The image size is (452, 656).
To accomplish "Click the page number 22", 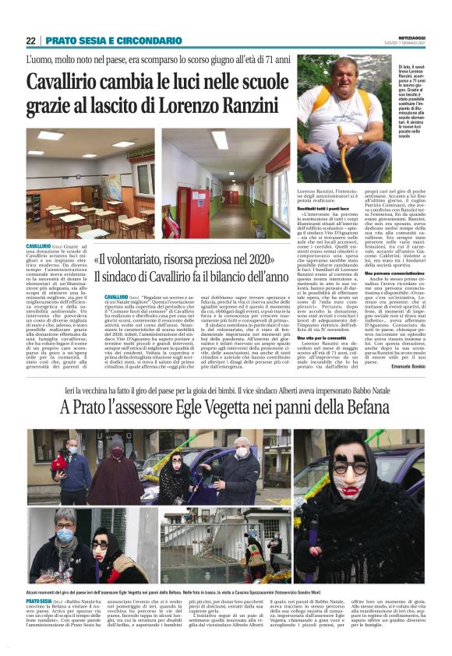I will [30, 41].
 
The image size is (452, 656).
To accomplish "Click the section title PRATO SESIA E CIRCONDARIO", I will [112, 41].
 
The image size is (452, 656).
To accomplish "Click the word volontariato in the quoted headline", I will [143, 260].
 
